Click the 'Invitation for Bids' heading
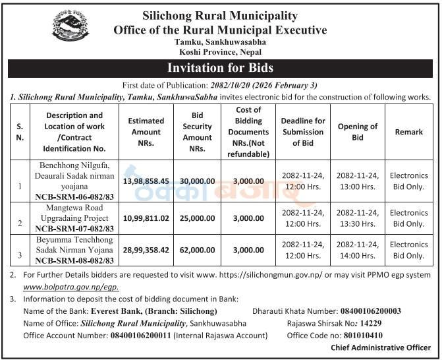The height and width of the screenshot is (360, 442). (220, 68)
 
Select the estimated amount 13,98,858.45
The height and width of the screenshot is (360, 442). (146, 180)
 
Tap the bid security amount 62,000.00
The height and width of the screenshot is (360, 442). (197, 251)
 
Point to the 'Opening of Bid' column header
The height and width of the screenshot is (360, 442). (358, 132)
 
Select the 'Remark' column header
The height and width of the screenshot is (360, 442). (409, 132)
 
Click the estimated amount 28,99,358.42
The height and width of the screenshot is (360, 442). (146, 251)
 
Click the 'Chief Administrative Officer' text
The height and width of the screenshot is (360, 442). (381, 348)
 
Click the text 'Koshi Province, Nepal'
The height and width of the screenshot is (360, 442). (220, 51)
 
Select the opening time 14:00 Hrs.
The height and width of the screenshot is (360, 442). (358, 256)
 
